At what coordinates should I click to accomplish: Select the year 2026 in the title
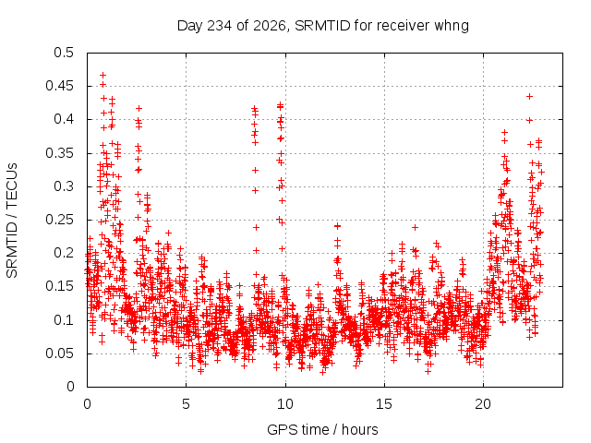tap(270, 26)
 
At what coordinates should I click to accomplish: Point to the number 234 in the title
tap(220, 26)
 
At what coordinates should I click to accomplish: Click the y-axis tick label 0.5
tap(64, 53)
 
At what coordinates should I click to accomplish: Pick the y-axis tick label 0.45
tap(59, 86)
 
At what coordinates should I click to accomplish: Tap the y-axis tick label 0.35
tap(59, 153)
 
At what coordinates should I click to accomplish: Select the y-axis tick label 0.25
tap(59, 220)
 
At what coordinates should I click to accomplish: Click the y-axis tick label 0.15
tap(59, 286)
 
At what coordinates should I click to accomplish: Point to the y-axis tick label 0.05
tap(59, 353)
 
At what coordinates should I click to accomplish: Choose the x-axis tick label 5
tap(186, 404)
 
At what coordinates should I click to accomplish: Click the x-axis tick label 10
tap(285, 404)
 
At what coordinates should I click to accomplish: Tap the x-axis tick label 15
tap(384, 404)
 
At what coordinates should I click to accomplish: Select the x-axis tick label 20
tap(483, 404)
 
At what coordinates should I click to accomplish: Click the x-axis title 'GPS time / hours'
tap(322, 429)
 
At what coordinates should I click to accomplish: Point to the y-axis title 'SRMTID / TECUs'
tap(12, 221)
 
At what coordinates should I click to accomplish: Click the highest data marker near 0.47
tap(103, 76)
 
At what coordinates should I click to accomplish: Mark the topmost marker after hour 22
tap(529, 97)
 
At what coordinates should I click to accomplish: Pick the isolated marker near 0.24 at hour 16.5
tap(415, 228)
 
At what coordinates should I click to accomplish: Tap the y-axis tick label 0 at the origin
tap(70, 387)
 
